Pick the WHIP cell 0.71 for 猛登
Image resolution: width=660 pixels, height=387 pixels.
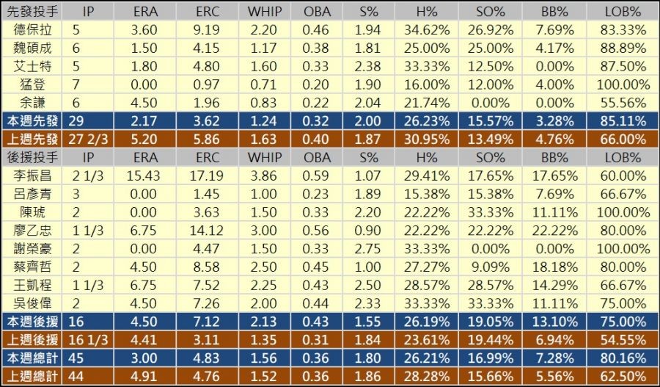(265, 84)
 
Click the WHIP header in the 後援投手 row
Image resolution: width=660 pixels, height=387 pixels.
(265, 157)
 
